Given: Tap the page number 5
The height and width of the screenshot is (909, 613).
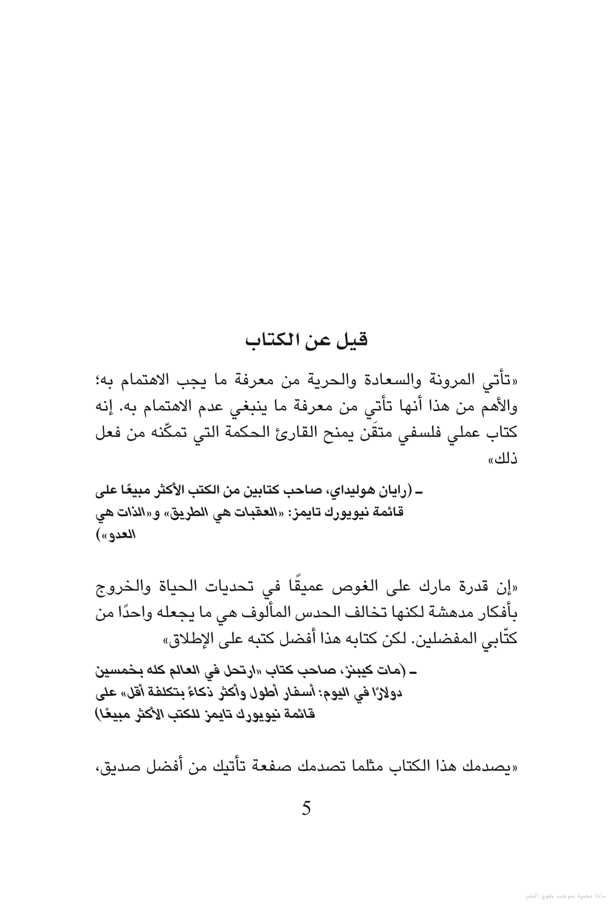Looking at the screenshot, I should [x=306, y=809].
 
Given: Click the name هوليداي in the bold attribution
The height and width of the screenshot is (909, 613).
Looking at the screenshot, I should [x=352, y=491].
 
